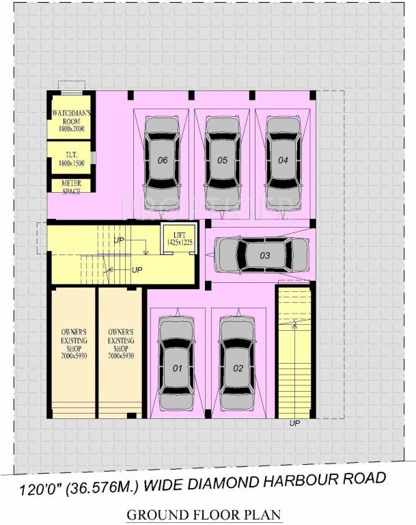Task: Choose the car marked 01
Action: tap(177, 368)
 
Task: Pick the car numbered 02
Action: tap(238, 368)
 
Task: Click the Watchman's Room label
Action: tap(70, 119)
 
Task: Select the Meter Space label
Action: tap(70, 186)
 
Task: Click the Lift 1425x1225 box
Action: tap(180, 238)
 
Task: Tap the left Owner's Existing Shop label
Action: tap(72, 344)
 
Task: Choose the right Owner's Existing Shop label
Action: tap(120, 344)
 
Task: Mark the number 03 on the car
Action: tap(265, 256)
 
